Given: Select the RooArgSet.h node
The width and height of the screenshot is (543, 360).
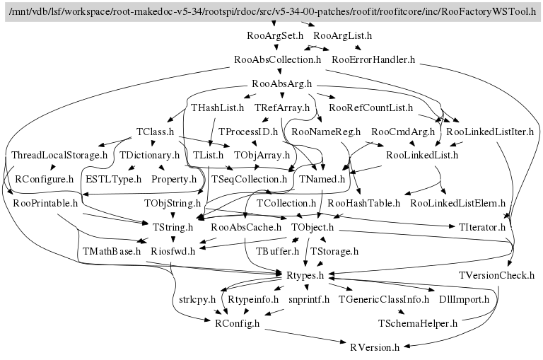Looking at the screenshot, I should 276,35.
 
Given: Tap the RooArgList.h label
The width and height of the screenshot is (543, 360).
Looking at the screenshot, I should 342,35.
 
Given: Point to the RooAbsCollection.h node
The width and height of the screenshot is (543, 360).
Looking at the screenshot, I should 277,59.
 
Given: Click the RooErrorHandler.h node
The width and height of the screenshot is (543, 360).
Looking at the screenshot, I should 373,59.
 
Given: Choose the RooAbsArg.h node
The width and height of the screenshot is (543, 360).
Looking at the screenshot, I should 282,84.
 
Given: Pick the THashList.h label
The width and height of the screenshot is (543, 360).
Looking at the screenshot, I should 217,108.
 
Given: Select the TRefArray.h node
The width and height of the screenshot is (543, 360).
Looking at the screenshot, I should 283,108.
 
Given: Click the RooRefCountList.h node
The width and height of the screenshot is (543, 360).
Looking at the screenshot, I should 370,108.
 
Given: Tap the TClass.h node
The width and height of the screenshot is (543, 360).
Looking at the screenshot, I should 156,132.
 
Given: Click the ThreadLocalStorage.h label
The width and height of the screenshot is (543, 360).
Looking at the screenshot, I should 59,155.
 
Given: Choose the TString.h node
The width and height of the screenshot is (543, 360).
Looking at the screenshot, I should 173,227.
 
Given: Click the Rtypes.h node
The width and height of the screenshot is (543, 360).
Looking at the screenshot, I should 305,275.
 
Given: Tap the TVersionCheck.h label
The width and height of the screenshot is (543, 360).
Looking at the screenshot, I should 496,275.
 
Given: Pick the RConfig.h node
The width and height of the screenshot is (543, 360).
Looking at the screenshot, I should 237,323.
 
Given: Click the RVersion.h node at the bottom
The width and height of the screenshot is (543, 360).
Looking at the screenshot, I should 375,347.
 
